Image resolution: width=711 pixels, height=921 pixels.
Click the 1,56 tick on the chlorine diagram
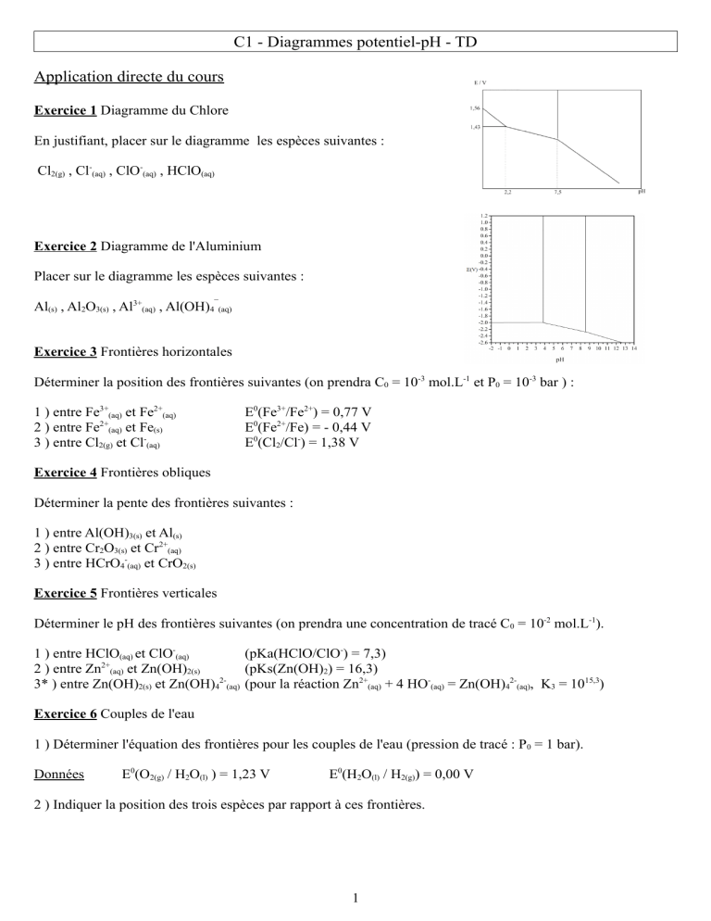(474, 108)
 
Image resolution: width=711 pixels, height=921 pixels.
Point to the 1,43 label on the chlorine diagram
(474, 127)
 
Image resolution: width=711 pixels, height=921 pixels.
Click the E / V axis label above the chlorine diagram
(479, 82)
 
